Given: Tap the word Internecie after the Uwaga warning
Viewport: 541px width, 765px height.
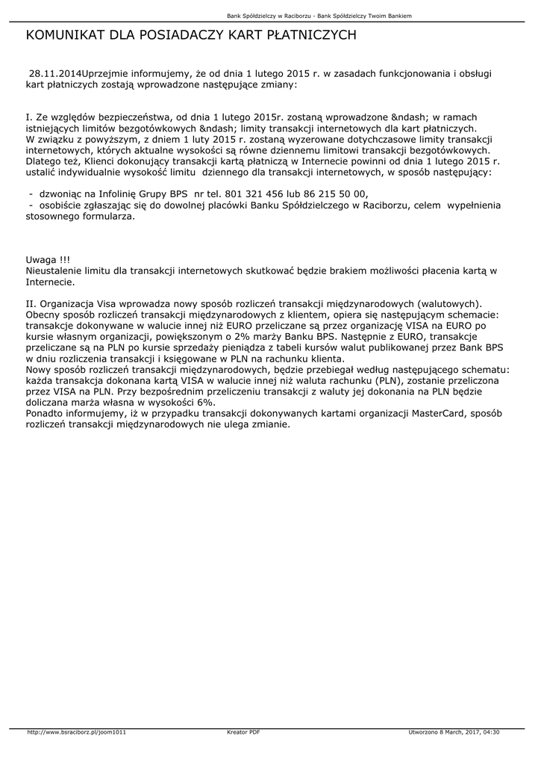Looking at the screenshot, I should coord(50,282).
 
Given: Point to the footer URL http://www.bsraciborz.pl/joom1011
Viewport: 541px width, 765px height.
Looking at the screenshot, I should coord(76,732).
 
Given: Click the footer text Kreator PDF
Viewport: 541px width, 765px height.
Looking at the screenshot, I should coord(243,732).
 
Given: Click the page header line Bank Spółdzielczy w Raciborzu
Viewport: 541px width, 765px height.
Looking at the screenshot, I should coord(270,16).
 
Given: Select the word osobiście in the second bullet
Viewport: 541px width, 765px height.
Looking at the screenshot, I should coord(63,205).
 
